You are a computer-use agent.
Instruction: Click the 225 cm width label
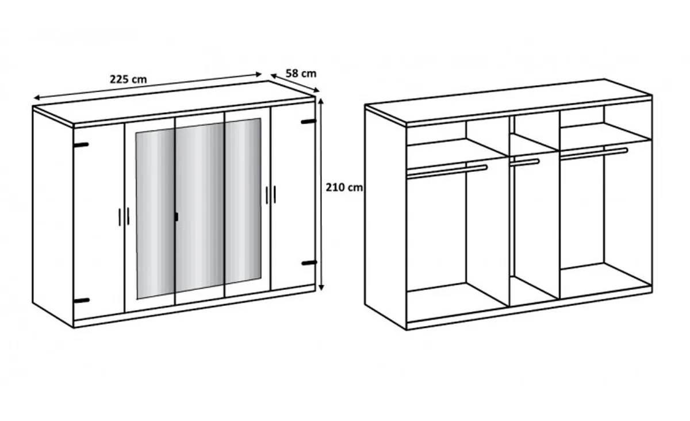pos(128,79)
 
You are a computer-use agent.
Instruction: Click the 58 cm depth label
pos(301,74)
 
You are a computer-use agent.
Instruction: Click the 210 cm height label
pos(344,187)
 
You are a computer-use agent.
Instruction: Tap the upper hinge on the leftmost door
pos(81,144)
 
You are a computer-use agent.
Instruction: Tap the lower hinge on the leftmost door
pos(82,300)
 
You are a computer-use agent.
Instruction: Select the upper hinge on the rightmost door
pos(309,121)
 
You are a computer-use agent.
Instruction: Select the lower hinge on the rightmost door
pos(309,263)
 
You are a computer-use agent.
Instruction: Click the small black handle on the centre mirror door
pos(177,217)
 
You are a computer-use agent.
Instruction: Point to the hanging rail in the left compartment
pos(447,171)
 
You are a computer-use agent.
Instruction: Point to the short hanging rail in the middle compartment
pos(524,162)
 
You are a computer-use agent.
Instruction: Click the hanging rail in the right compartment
pos(594,154)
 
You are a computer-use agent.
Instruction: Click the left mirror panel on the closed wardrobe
pos(155,213)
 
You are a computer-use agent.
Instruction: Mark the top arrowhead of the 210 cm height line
pos(321,101)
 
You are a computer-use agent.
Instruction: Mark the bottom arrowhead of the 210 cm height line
pos(321,288)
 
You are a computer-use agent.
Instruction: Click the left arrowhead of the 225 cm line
pos(37,98)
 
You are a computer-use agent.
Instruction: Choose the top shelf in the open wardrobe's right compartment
pos(605,135)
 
